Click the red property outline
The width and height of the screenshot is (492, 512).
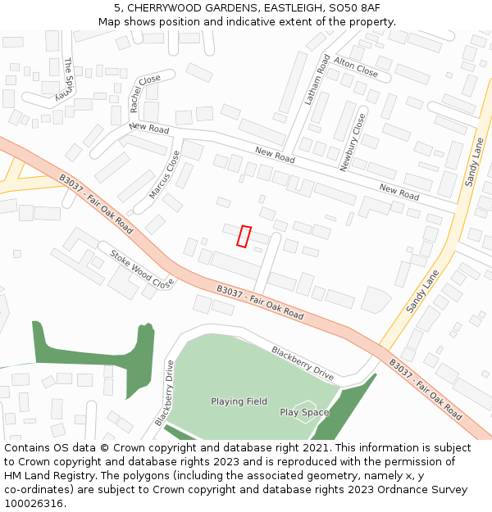pos(244,236)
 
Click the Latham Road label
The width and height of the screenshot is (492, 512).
pos(317,80)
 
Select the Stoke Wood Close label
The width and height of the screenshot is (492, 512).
pos(142,268)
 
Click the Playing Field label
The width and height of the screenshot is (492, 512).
pos(239,401)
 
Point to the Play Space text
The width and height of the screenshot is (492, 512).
pos(304,412)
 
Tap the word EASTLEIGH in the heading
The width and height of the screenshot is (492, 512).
pos(292,8)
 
